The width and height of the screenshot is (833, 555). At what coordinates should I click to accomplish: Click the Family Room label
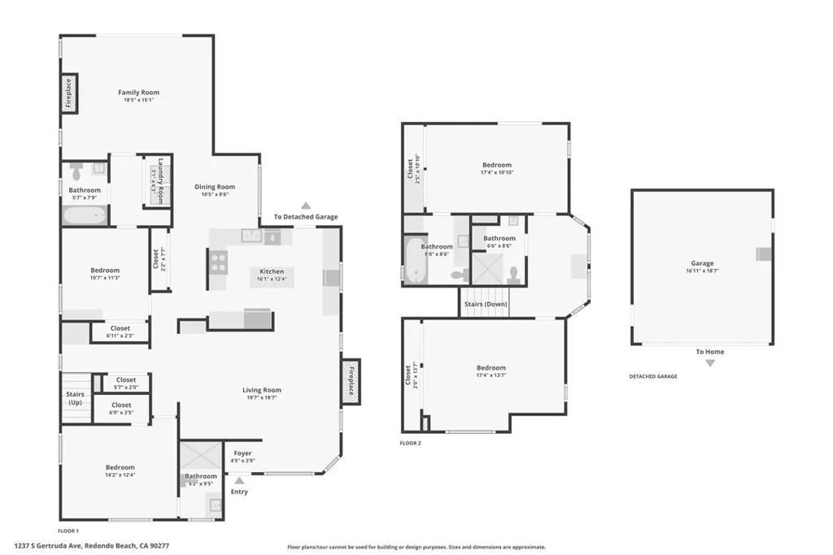(x=138, y=93)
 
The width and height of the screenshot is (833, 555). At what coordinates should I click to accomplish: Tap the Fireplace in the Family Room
(x=69, y=93)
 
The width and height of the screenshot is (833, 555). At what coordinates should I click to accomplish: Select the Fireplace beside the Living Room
(x=351, y=380)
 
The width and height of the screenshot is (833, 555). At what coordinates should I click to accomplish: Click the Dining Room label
(x=215, y=187)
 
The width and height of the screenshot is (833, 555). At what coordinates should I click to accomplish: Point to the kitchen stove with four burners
(x=219, y=261)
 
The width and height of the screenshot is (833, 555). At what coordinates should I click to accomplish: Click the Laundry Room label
(x=161, y=180)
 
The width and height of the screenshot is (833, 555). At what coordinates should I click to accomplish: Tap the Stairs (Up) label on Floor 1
(x=75, y=398)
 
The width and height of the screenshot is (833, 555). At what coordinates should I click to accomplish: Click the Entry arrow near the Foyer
(x=239, y=480)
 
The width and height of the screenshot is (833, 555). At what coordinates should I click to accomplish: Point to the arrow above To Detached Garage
(x=306, y=206)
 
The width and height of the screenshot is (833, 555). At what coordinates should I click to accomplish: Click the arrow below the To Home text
(x=709, y=363)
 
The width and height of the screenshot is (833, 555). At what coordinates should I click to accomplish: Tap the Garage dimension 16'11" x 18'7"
(x=702, y=271)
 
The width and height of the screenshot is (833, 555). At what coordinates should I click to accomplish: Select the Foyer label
(x=242, y=453)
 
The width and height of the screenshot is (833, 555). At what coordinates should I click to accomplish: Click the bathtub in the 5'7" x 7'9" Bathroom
(x=85, y=215)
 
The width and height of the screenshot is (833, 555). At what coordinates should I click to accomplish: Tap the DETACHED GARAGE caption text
(x=652, y=376)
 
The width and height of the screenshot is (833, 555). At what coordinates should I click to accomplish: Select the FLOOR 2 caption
(x=410, y=443)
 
